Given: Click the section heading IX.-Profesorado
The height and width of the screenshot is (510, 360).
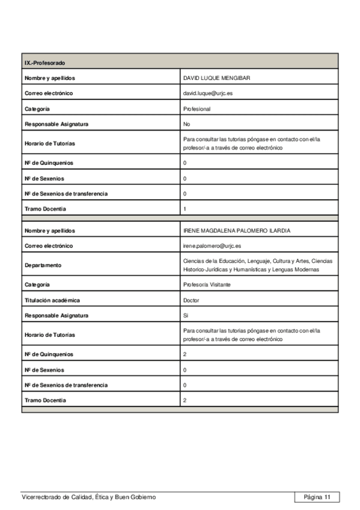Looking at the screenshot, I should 45,63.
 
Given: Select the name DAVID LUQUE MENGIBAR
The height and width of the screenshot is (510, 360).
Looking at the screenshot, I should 216,78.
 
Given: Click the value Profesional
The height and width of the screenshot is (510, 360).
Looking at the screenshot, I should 197,109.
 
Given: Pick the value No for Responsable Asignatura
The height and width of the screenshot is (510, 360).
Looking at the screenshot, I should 186,124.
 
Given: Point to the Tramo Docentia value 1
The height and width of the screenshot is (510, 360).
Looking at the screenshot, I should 185,209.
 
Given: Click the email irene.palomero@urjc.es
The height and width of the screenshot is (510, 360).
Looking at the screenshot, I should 212,246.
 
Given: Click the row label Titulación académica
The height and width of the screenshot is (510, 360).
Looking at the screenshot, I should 52,300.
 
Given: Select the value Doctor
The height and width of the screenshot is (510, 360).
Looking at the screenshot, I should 191,300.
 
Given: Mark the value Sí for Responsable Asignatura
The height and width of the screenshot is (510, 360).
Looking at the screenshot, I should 186,315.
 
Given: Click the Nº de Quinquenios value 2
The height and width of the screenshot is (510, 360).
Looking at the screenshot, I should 185,354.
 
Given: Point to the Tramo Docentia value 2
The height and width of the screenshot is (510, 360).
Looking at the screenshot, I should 185,400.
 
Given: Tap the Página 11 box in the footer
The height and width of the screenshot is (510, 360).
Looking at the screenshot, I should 317,497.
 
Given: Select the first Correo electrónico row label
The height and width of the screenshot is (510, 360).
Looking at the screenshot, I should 49,94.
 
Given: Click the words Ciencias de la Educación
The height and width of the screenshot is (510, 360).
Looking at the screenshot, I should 213,261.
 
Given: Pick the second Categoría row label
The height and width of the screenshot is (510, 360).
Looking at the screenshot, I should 37,284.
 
